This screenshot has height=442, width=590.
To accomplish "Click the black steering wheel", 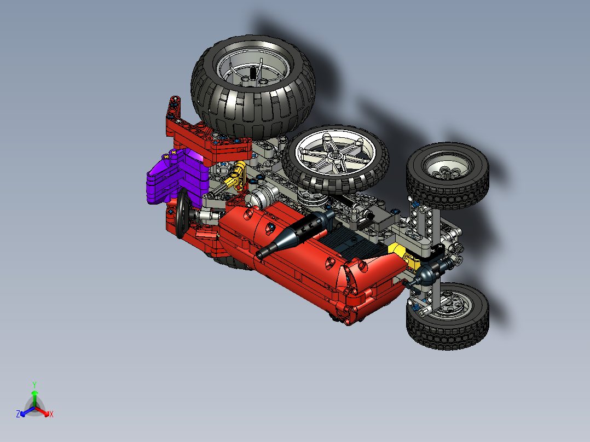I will click(x=182, y=214).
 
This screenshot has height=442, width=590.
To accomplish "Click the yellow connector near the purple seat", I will click(x=239, y=176).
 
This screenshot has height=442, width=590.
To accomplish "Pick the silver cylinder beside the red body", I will click(x=262, y=194).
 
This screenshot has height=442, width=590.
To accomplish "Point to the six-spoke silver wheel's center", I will click(x=336, y=155).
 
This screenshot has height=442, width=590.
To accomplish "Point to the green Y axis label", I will click(x=34, y=384).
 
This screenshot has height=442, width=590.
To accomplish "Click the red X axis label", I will click(x=51, y=414).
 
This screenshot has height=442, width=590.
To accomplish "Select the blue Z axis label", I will click(x=18, y=414).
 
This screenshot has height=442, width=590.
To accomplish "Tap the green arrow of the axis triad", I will click(x=34, y=397).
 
